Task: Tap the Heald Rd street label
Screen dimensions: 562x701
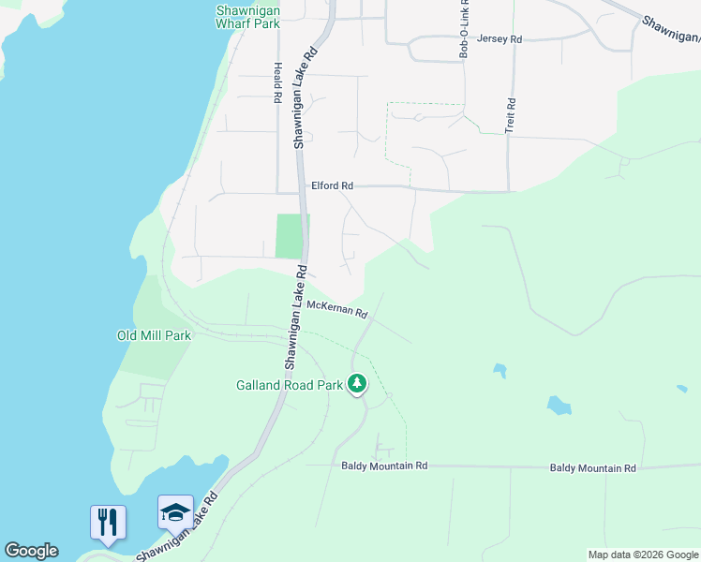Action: [277, 82]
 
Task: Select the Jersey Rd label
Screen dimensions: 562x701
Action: [500, 39]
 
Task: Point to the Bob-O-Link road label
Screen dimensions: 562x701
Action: [463, 37]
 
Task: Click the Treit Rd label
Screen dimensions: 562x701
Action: [511, 114]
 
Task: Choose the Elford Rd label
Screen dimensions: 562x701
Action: [333, 185]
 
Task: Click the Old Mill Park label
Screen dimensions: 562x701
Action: [154, 335]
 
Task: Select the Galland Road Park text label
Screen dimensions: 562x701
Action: [289, 384]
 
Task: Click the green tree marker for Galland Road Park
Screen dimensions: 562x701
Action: [356, 383]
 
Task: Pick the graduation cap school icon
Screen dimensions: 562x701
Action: [175, 512]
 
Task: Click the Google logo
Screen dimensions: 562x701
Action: [31, 551]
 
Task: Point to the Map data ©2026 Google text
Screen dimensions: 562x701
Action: [643, 555]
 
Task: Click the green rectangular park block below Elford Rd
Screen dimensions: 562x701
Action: [291, 236]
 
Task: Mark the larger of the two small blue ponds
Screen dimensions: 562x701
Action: [559, 406]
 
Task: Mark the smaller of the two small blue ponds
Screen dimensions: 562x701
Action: [500, 371]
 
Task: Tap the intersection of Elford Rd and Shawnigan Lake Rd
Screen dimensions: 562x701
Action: [301, 186]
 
